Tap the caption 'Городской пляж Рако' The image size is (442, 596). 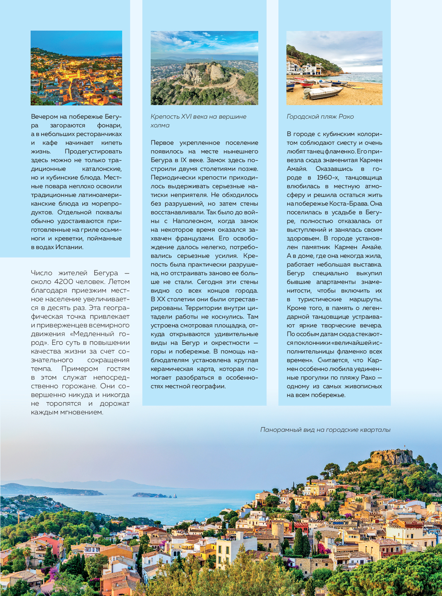[x=320, y=117]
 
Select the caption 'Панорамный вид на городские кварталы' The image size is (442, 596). [x=325, y=430]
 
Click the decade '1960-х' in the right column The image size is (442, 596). [x=328, y=178]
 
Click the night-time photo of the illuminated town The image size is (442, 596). [x=76, y=68]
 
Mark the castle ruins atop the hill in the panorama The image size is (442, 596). [x=391, y=457]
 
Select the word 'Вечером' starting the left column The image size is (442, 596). [x=45, y=117]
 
